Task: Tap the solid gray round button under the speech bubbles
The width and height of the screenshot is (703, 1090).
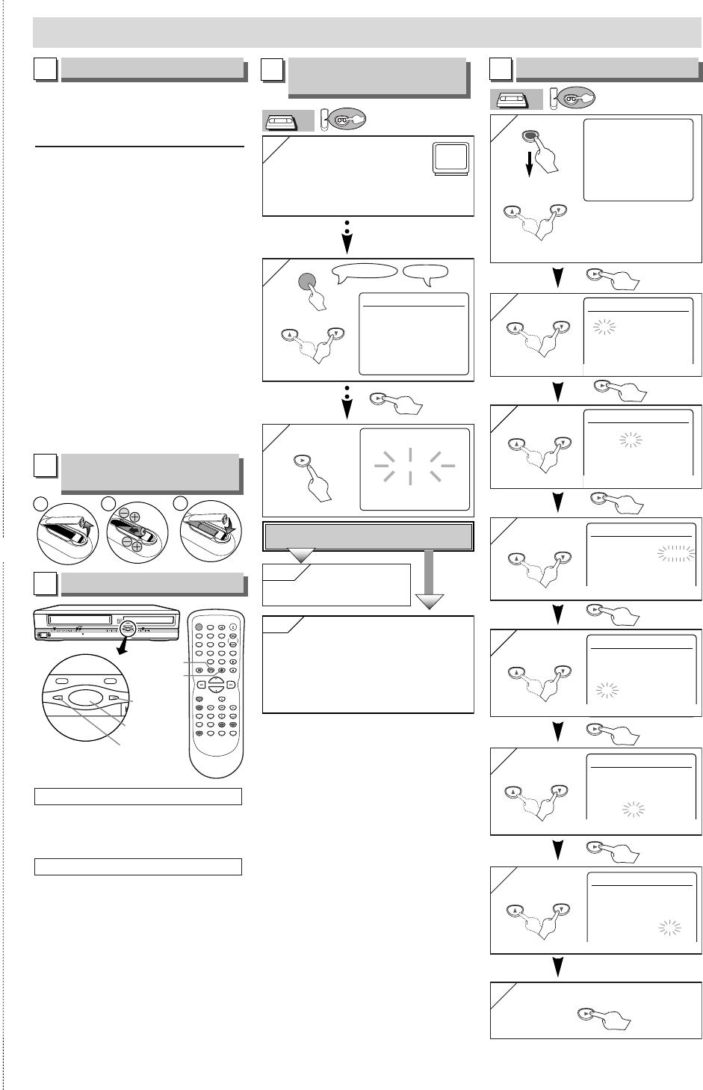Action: (x=307, y=282)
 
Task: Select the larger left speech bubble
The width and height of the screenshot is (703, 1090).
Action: (x=365, y=273)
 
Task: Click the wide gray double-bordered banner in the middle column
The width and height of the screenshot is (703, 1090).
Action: (x=368, y=536)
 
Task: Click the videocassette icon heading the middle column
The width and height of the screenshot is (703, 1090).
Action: (x=288, y=121)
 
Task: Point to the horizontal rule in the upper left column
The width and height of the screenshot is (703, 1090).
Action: (x=140, y=147)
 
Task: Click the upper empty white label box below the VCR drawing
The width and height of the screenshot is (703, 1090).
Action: (x=138, y=795)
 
